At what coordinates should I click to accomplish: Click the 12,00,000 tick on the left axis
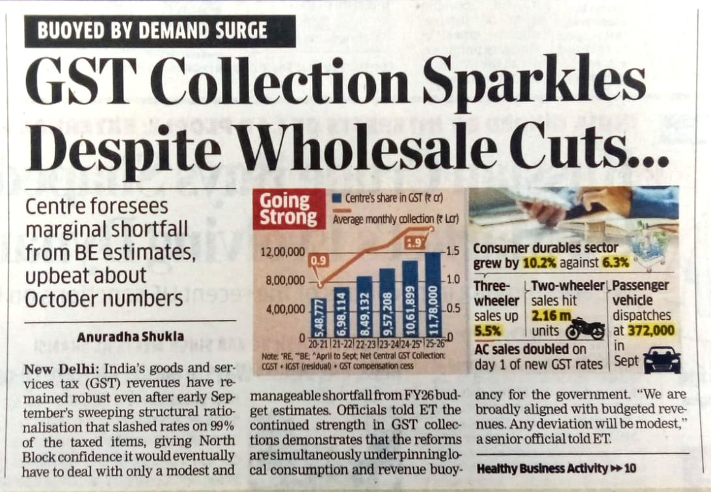(283, 252)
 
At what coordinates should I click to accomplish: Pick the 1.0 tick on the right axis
(453, 279)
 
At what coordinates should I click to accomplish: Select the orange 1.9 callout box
(414, 243)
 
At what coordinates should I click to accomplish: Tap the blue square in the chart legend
(336, 197)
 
